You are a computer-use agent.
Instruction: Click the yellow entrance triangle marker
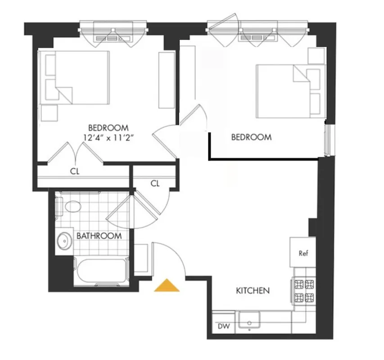pos(167,286)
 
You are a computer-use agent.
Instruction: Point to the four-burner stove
pos(304,291)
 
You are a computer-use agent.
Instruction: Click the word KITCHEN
pos(253,291)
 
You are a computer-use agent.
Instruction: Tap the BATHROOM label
pos(99,236)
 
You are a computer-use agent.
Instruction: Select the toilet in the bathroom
pos(70,207)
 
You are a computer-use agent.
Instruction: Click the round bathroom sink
pos(64,241)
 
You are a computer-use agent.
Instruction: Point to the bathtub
pos(101,271)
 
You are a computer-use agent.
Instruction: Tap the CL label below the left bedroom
pos(75,171)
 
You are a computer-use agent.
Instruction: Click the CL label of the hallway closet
pos(155,183)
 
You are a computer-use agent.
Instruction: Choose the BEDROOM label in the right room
pos(251,137)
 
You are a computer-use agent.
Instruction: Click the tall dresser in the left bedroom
pos(166,80)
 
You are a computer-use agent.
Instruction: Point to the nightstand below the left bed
pos(49,113)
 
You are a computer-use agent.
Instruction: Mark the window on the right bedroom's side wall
pos(328,140)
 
